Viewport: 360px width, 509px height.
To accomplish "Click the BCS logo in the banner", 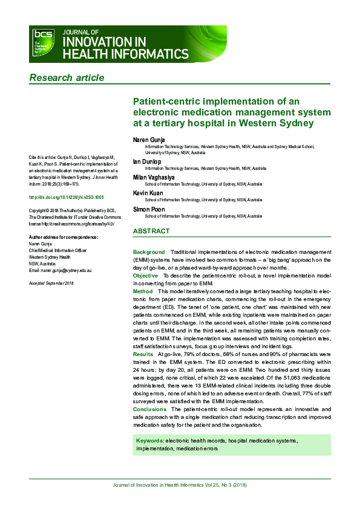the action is (x=43, y=44).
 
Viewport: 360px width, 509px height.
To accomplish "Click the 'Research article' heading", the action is (x=67, y=77).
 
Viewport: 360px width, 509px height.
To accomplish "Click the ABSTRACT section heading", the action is (x=151, y=231).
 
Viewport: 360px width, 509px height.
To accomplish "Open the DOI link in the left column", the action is (x=67, y=197).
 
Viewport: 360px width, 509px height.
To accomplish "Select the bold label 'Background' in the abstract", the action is (x=149, y=251).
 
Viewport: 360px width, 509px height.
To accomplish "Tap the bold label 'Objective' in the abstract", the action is (x=146, y=274).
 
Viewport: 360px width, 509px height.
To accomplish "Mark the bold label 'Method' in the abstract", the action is (x=143, y=291).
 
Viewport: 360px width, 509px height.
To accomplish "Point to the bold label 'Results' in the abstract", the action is (x=143, y=353).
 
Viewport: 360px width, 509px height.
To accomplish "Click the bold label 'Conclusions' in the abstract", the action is (x=149, y=409).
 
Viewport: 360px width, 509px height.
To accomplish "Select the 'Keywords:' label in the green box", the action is (x=150, y=441).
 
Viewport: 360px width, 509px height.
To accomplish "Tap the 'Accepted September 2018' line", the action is (x=51, y=283).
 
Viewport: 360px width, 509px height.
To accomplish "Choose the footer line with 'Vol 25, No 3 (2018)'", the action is (x=180, y=485).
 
